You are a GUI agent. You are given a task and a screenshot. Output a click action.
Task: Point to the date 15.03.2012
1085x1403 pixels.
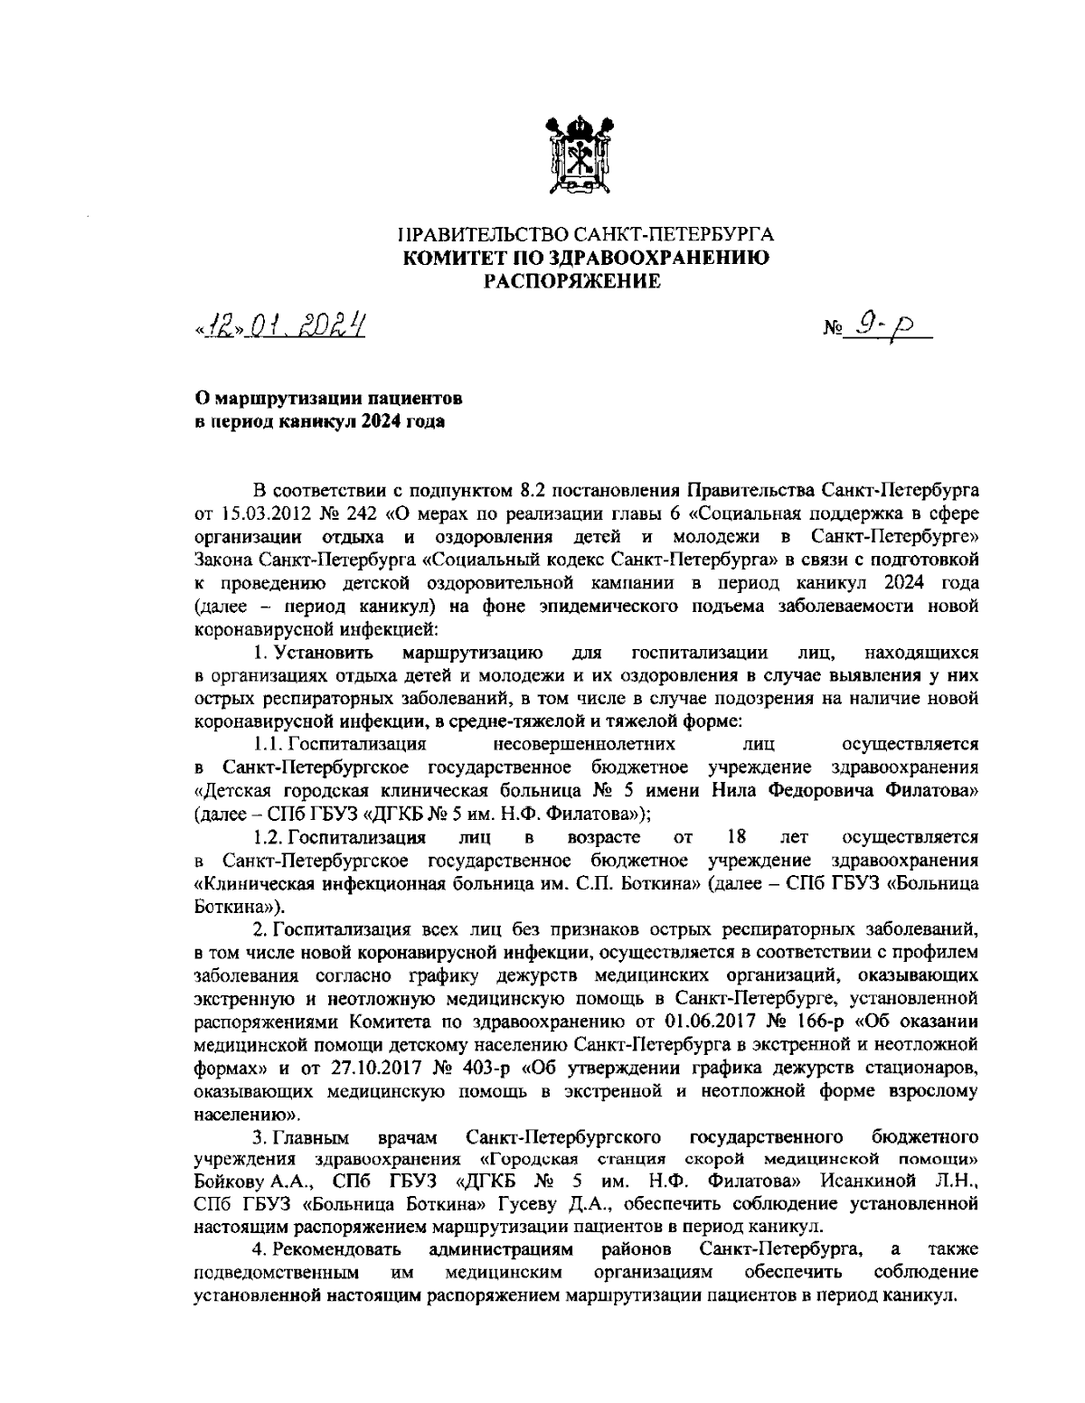pyautogui.click(x=259, y=515)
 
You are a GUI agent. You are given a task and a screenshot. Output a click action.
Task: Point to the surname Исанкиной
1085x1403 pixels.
pyautogui.click(x=865, y=1182)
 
